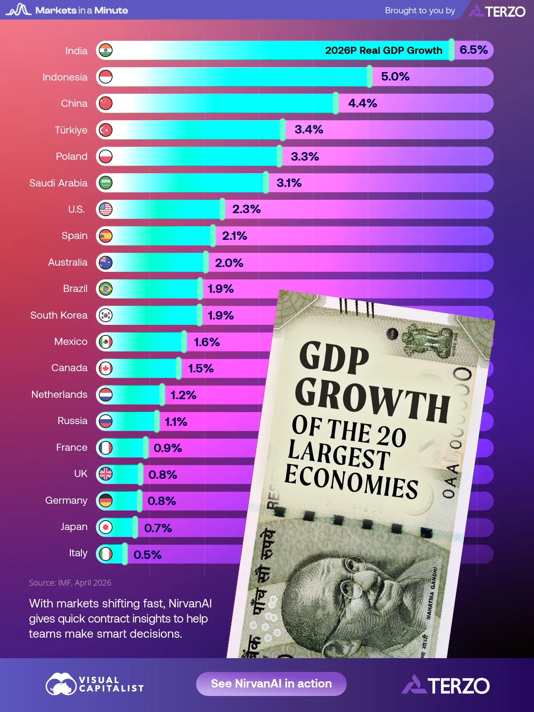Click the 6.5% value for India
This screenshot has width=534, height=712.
pyautogui.click(x=473, y=50)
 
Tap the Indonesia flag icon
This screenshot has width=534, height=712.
pyautogui.click(x=105, y=77)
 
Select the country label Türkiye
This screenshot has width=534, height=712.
pyautogui.click(x=71, y=130)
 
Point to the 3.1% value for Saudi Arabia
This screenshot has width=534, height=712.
pyautogui.click(x=289, y=183)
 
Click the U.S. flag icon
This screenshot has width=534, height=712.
pyautogui.click(x=105, y=209)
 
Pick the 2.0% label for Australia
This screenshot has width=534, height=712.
pyautogui.click(x=229, y=263)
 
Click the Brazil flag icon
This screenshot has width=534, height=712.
pyautogui.click(x=105, y=289)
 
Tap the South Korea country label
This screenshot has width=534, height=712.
pyautogui.click(x=59, y=315)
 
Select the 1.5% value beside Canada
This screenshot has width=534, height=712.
pyautogui.click(x=201, y=368)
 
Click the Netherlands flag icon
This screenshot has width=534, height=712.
pyautogui.click(x=105, y=395)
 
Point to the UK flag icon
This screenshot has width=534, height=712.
pyautogui.click(x=105, y=474)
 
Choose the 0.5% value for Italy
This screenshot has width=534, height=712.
pyautogui.click(x=147, y=554)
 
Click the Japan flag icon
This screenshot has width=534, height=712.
pyautogui.click(x=105, y=527)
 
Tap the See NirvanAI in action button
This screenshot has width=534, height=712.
pyautogui.click(x=271, y=684)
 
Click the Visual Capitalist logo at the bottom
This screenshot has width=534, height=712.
pyautogui.click(x=95, y=684)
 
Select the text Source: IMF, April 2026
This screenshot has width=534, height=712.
pyautogui.click(x=70, y=583)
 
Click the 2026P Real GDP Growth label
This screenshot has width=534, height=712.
pyautogui.click(x=383, y=50)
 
